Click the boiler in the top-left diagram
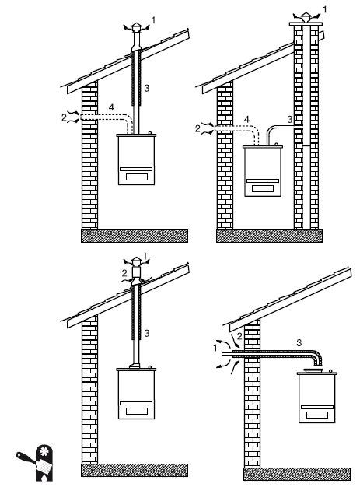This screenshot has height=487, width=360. tap(136, 159)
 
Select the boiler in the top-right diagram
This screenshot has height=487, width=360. tap(263, 170)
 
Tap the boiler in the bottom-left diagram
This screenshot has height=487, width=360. tap(136, 393)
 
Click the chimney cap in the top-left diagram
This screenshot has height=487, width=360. tap(136, 26)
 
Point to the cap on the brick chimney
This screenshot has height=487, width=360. tap(306, 18)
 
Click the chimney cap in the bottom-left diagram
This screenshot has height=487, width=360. tap(136, 261)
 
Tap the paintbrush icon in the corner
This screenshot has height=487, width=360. tap(34, 463)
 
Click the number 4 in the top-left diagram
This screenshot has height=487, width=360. tap(111, 108)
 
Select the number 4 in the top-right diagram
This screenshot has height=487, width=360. tap(246, 119)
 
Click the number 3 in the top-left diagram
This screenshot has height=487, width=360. tap(146, 88)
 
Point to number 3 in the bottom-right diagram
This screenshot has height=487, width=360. tap(299, 342)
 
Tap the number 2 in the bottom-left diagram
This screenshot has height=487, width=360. tap(124, 273)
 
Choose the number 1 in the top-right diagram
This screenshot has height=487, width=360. tap(324, 10)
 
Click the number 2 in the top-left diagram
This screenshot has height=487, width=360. tap(64, 117)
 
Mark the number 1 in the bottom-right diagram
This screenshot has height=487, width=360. tap(215, 349)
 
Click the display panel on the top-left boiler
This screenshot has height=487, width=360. tap(137, 177)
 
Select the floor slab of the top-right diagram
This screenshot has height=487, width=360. tap(269, 236)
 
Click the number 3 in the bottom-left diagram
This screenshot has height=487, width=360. tap(146, 333)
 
